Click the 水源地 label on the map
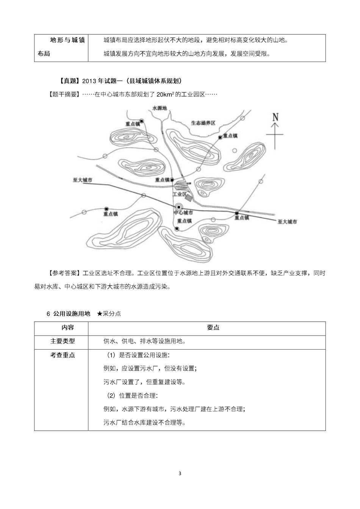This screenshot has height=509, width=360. click(x=159, y=108)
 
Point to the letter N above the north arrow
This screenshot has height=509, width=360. click(x=275, y=117)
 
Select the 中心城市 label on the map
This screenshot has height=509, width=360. click(x=183, y=213)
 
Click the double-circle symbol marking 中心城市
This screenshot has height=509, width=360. click(x=178, y=207)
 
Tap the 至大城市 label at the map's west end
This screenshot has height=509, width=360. click(x=83, y=180)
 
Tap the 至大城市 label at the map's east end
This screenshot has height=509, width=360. click(x=287, y=222)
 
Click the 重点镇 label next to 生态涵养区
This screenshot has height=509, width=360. click(x=230, y=136)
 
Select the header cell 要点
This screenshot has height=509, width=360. click(x=213, y=328)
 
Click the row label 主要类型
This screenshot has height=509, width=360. click(x=63, y=341)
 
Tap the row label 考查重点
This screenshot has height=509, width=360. click(x=63, y=355)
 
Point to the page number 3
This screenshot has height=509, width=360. click(x=180, y=473)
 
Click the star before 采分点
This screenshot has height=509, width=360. click(x=100, y=314)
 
